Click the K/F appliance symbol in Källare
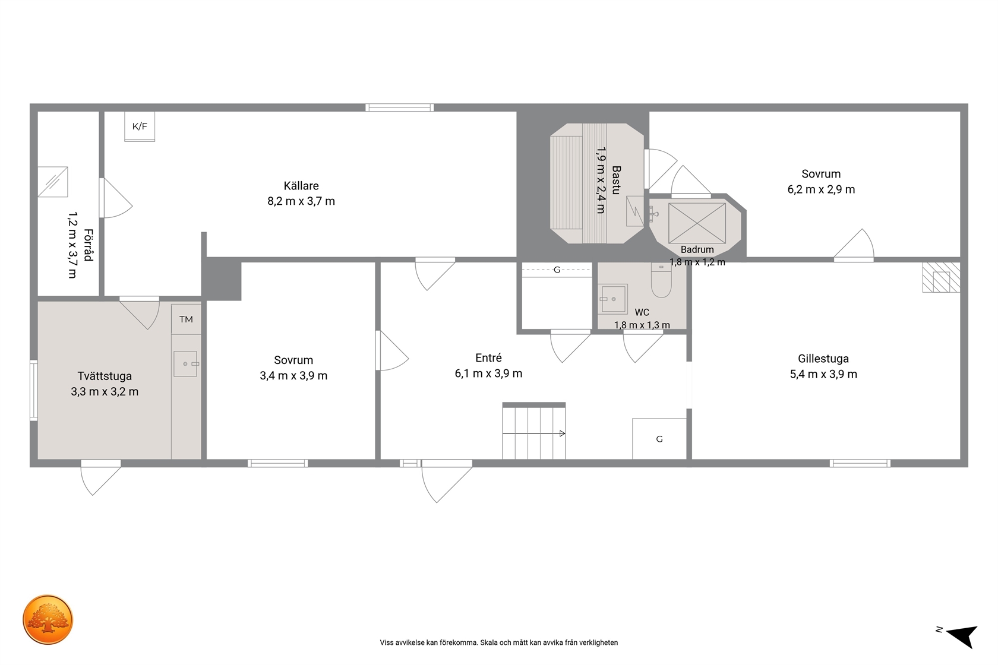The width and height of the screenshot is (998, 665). (x=140, y=126)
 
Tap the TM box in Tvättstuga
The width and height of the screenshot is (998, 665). (x=187, y=319)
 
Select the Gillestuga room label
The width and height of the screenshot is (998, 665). (x=823, y=359)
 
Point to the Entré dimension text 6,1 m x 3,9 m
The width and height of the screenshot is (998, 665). (x=488, y=373)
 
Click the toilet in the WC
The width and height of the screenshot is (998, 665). (x=661, y=280)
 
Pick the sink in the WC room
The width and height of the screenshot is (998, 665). (x=612, y=299)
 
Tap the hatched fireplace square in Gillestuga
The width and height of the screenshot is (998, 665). (x=941, y=277)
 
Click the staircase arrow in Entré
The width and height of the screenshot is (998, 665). (x=533, y=433)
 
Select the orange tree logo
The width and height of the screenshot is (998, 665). (x=48, y=619)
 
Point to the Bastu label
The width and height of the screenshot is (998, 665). (x=616, y=180)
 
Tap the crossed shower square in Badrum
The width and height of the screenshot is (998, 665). (x=697, y=223)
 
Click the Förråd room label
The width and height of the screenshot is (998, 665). (x=88, y=245)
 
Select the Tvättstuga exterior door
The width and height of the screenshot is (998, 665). (x=101, y=477)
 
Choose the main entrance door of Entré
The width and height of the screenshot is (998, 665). (x=447, y=481)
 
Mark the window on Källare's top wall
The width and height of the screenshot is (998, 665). (x=400, y=107)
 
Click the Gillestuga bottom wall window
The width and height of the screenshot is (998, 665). (x=860, y=463)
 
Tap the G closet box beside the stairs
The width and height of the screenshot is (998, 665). (x=659, y=439)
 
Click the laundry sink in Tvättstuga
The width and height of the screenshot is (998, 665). (x=185, y=364)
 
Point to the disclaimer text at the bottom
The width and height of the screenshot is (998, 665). (x=498, y=642)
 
